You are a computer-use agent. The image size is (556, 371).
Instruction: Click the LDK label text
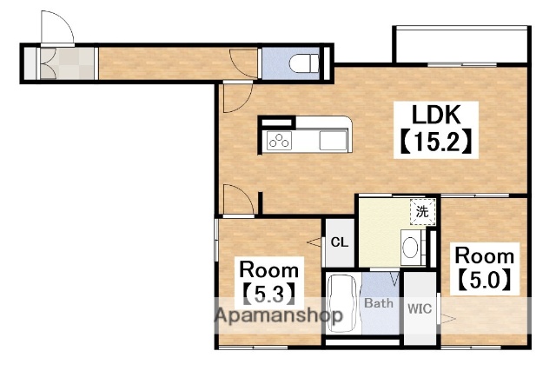tap(436, 114)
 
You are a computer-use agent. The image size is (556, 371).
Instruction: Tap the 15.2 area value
tap(436, 142)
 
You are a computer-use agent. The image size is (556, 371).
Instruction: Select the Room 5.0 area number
tap(485, 280)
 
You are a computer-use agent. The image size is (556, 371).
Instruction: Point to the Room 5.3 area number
tap(269, 294)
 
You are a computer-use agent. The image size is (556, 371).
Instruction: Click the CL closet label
tap(340, 242)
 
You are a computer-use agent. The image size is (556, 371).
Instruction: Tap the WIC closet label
tap(420, 308)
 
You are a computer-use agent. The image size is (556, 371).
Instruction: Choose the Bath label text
tap(379, 303)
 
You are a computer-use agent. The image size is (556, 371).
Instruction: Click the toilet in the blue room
tap(304, 63)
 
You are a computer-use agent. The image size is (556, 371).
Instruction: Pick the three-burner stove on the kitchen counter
tap(279, 140)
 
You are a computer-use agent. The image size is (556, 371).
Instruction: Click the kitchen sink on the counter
tap(333, 141)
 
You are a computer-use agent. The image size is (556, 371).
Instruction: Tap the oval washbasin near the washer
tap(410, 247)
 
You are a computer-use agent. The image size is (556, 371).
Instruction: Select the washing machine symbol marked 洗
tap(422, 212)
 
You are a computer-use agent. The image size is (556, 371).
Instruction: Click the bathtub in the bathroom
tap(341, 303)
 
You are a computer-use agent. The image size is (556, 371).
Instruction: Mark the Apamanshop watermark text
tap(279, 315)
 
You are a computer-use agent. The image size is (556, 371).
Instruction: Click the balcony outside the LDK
tap(461, 44)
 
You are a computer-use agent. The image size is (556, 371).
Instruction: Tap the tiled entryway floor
tap(67, 63)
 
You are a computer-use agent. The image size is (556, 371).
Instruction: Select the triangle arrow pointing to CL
tap(314, 242)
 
